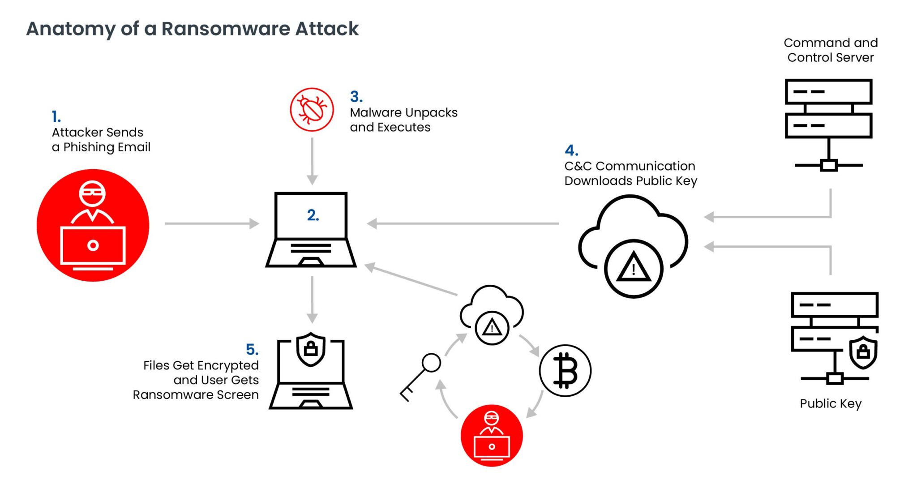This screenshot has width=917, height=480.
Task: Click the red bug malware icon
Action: tap(312, 109)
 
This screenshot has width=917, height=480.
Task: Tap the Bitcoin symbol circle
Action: tap(565, 370)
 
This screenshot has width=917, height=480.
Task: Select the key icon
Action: tap(420, 376)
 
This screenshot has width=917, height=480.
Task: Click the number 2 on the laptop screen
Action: tap(313, 215)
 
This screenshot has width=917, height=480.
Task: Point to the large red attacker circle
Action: tap(93, 225)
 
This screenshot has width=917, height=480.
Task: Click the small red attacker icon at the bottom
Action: tap(492, 436)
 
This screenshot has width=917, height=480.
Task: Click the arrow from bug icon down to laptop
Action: tap(312, 161)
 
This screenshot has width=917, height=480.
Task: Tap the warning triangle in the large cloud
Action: tap(633, 269)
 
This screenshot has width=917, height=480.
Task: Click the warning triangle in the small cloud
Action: tap(492, 328)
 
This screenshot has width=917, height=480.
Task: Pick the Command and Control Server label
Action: tap(830, 50)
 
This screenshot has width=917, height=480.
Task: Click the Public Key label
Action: tap(830, 403)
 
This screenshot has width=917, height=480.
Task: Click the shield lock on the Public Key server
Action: tap(863, 352)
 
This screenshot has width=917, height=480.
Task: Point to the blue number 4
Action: tap(571, 150)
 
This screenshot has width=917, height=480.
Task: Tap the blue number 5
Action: tap(252, 349)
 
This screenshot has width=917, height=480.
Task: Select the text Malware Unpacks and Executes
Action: tap(403, 120)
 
